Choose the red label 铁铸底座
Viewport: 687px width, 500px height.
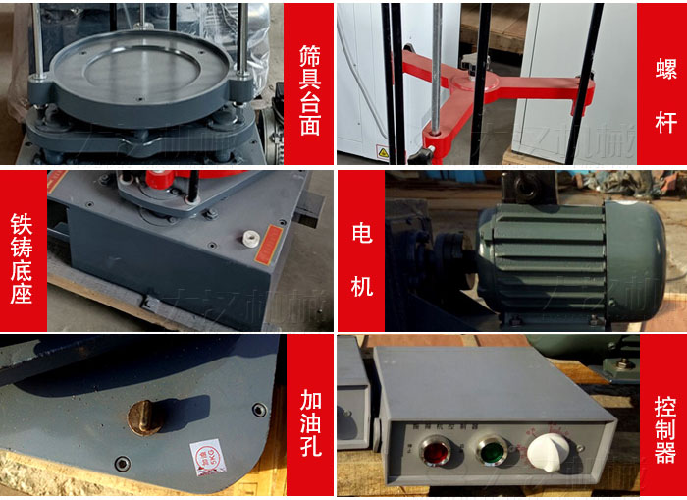point(22,250)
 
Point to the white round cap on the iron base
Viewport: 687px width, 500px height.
point(250,236)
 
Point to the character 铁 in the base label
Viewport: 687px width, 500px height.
point(22,213)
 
